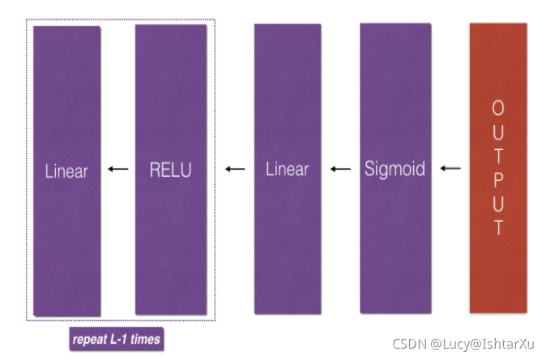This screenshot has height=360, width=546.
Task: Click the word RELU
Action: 170,169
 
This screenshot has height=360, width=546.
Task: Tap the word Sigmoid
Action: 395,169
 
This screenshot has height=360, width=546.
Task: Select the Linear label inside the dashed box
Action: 66,170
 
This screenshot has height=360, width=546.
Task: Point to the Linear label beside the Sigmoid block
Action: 288,169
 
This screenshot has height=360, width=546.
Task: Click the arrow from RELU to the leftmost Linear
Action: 118,169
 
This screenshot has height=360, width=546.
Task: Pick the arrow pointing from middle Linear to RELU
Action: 235,169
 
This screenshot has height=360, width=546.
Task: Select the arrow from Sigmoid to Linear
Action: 340,169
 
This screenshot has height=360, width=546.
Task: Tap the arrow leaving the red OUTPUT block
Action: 450,169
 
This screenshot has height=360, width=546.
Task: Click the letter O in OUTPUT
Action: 498,108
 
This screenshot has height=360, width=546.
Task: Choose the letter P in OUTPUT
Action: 498,178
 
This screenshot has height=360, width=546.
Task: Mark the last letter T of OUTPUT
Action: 498,227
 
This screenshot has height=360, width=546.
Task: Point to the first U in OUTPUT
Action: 498,131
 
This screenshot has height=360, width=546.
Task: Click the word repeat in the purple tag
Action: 89,339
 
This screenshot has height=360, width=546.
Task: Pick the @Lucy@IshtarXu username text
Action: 483,344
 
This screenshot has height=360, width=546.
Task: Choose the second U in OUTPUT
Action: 498,203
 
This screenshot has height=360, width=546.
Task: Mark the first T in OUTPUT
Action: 498,155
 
